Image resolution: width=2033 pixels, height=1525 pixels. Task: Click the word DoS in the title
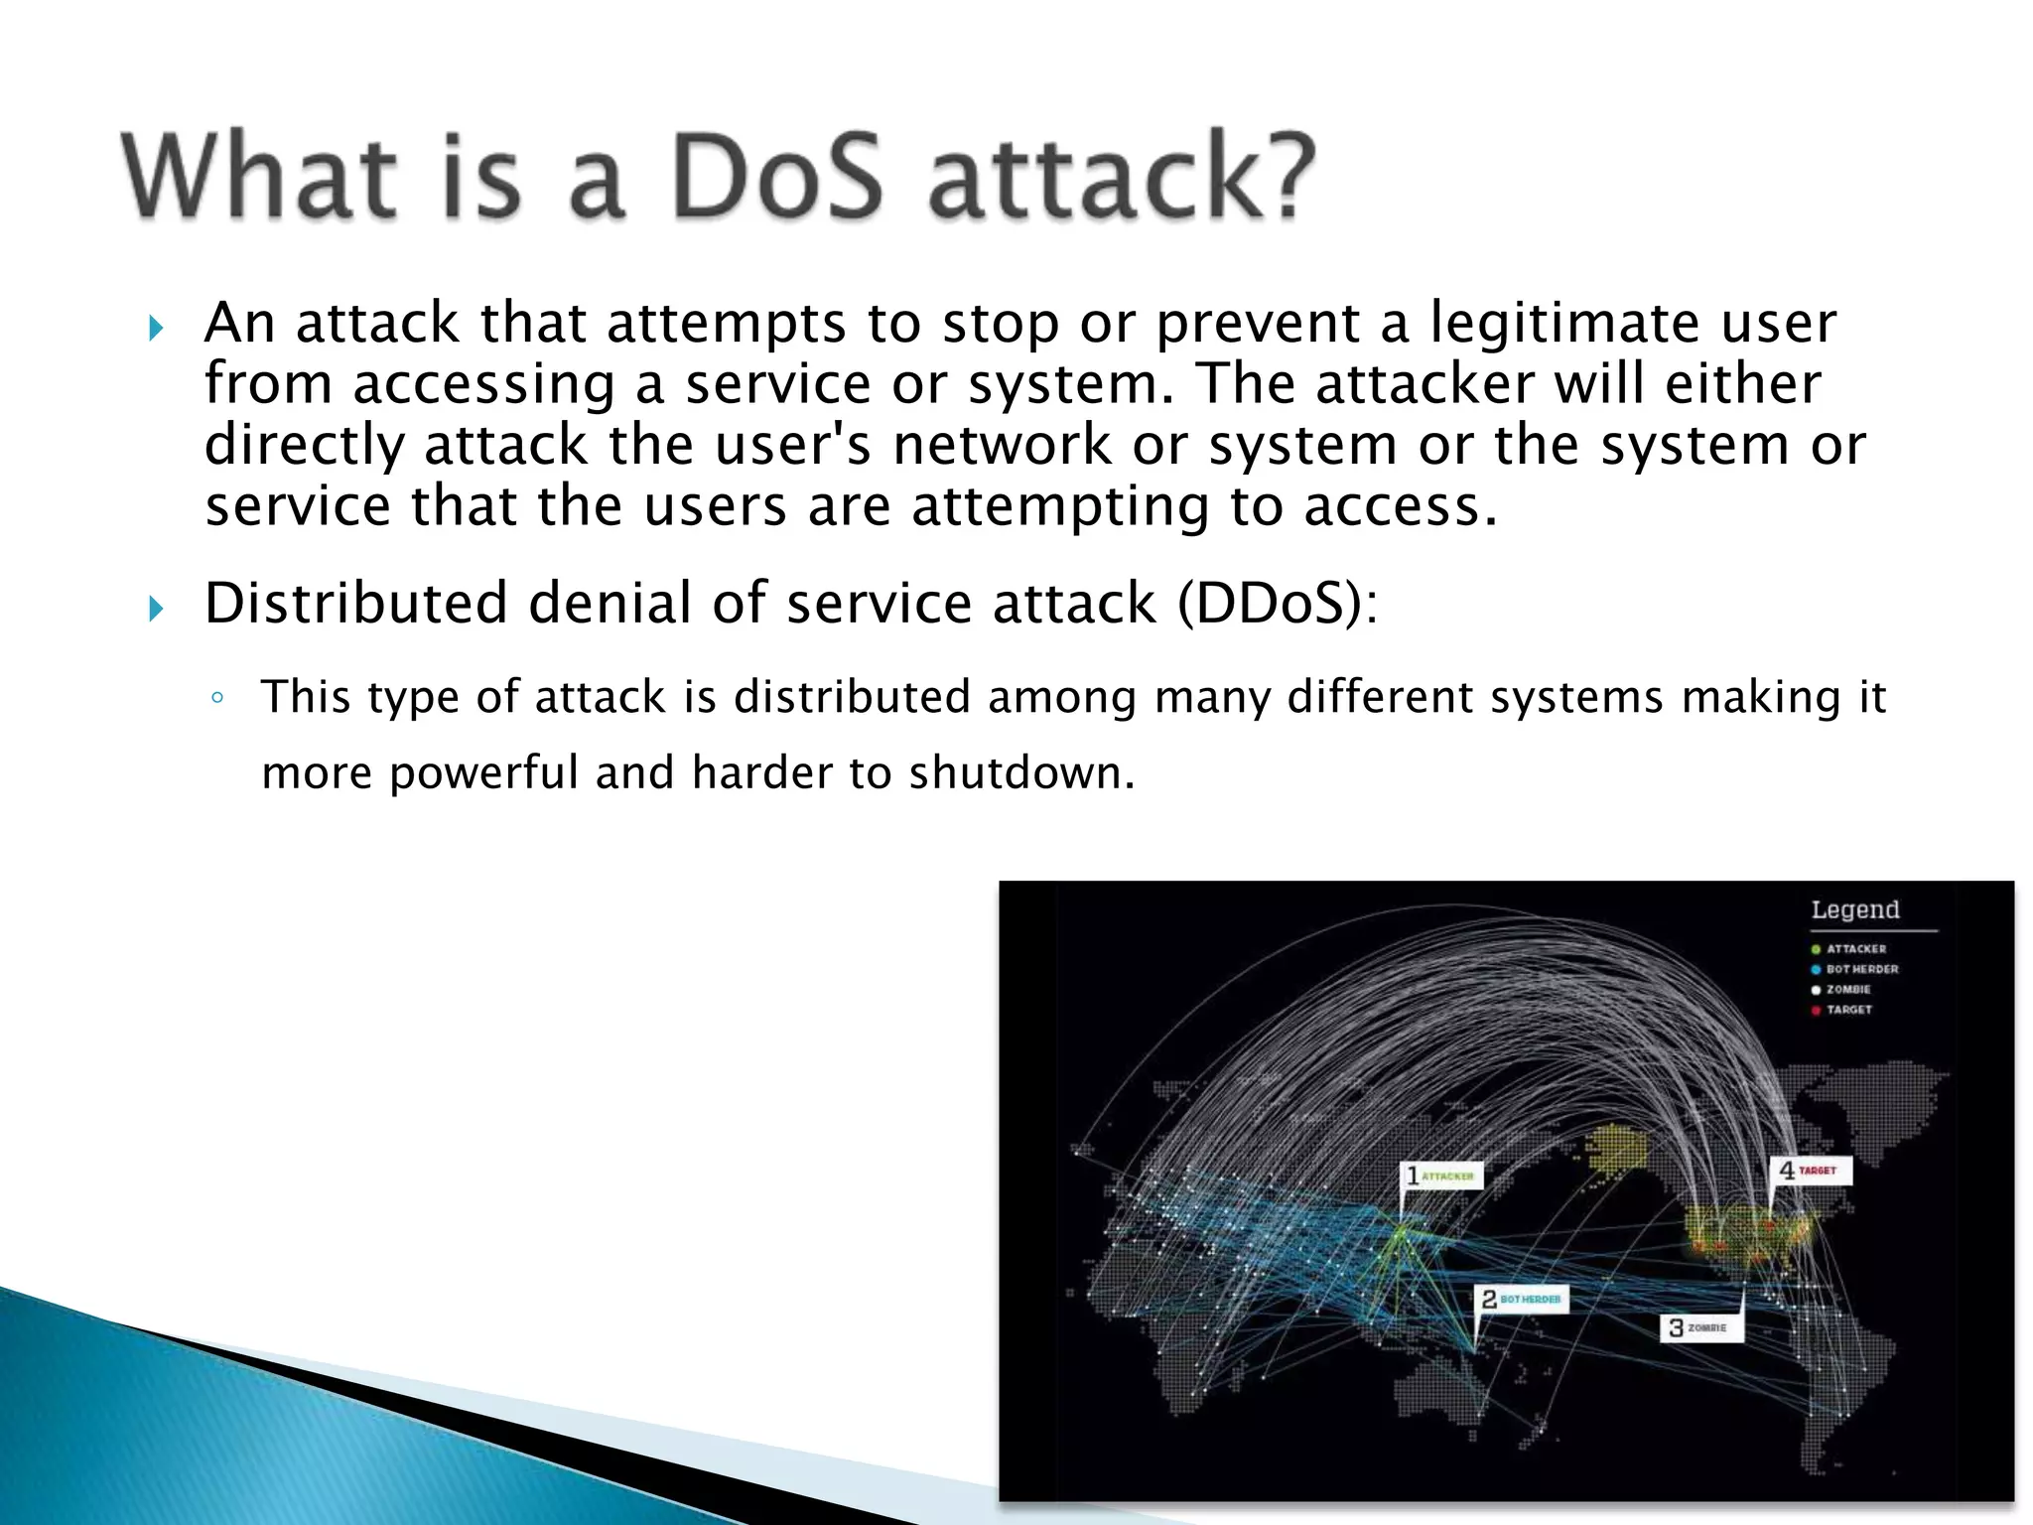click(776, 177)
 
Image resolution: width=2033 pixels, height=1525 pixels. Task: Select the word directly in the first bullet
click(304, 446)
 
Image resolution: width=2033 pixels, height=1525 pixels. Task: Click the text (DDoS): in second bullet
click(1278, 603)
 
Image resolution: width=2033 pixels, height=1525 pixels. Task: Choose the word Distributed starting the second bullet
click(356, 603)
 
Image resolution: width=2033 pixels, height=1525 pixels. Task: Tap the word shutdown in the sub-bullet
click(1020, 772)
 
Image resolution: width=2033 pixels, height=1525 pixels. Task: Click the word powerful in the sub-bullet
click(483, 773)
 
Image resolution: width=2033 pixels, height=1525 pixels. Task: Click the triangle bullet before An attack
click(155, 328)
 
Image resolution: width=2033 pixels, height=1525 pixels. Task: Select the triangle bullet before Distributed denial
click(155, 608)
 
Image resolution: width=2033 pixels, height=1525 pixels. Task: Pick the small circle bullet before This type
click(217, 698)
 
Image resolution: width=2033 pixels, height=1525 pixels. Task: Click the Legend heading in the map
click(1854, 909)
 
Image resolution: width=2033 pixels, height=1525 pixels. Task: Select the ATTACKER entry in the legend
click(1855, 949)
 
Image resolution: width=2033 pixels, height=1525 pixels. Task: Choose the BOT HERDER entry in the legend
click(1861, 969)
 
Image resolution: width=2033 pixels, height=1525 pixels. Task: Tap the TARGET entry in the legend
click(1848, 1010)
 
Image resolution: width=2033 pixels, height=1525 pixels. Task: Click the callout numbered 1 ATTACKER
click(1442, 1177)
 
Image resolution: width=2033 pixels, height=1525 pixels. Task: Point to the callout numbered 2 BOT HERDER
click(1521, 1299)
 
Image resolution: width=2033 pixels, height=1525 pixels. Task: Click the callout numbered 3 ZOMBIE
click(1700, 1327)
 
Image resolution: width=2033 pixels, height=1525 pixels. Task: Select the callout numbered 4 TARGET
click(1810, 1172)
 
